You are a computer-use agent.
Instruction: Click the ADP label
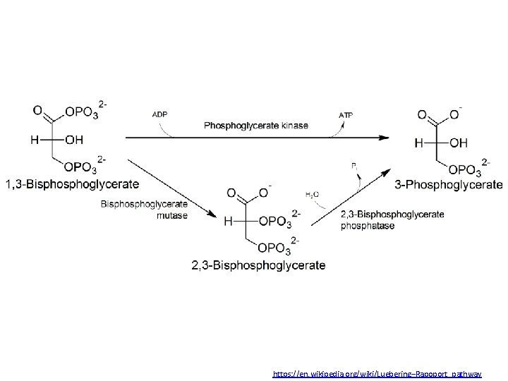(x=160, y=114)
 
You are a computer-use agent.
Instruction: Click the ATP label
(x=346, y=114)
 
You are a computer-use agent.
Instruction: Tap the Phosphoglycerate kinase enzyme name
(x=256, y=126)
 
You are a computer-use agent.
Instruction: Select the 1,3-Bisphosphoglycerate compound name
(x=72, y=184)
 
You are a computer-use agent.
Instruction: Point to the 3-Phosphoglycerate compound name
(x=449, y=184)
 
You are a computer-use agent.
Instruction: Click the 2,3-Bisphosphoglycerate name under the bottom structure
(x=258, y=265)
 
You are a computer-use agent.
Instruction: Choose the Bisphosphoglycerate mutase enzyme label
(x=145, y=210)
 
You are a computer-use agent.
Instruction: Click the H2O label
(x=312, y=194)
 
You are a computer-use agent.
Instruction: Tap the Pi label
(x=354, y=164)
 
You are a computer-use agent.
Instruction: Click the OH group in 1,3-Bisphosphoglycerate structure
(x=73, y=140)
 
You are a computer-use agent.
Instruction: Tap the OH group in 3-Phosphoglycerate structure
(x=458, y=143)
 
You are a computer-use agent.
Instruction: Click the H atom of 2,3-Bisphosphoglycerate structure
(x=228, y=222)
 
